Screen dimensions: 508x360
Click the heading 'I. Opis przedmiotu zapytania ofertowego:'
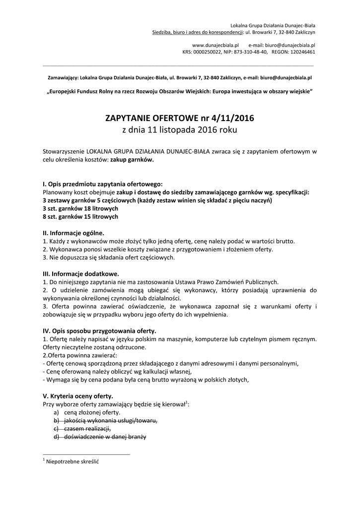(103, 184)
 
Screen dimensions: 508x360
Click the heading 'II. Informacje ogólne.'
(73, 233)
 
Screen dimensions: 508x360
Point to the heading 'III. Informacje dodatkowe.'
(81, 273)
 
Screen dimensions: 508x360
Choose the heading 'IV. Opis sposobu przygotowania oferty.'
(99, 330)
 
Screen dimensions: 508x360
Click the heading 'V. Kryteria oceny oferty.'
(78, 396)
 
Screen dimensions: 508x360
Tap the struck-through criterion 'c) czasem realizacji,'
(82, 429)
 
